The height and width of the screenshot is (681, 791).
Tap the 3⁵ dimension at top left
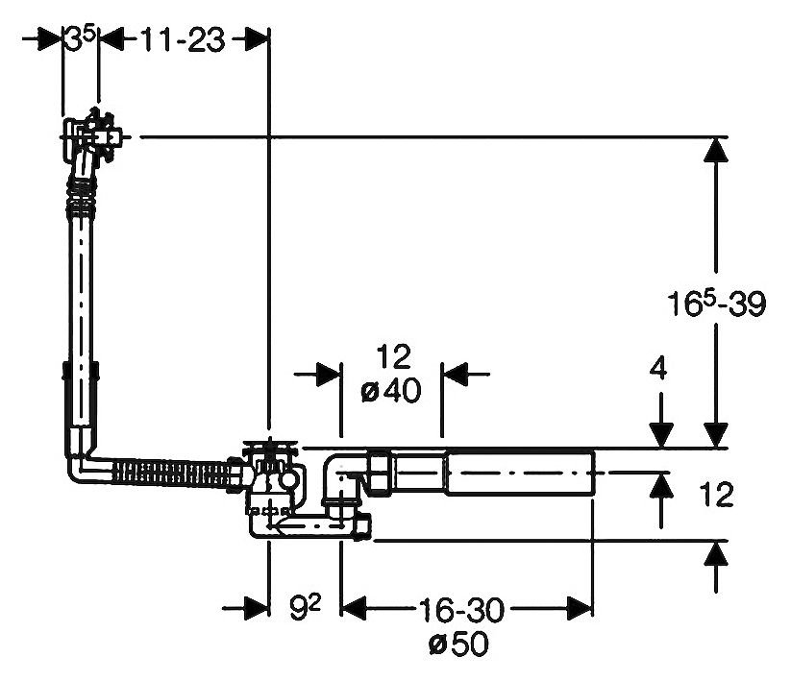click(x=81, y=39)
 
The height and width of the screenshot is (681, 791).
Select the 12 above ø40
click(x=392, y=357)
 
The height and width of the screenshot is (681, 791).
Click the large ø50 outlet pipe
click(x=519, y=474)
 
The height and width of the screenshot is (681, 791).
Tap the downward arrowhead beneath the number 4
click(x=659, y=435)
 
